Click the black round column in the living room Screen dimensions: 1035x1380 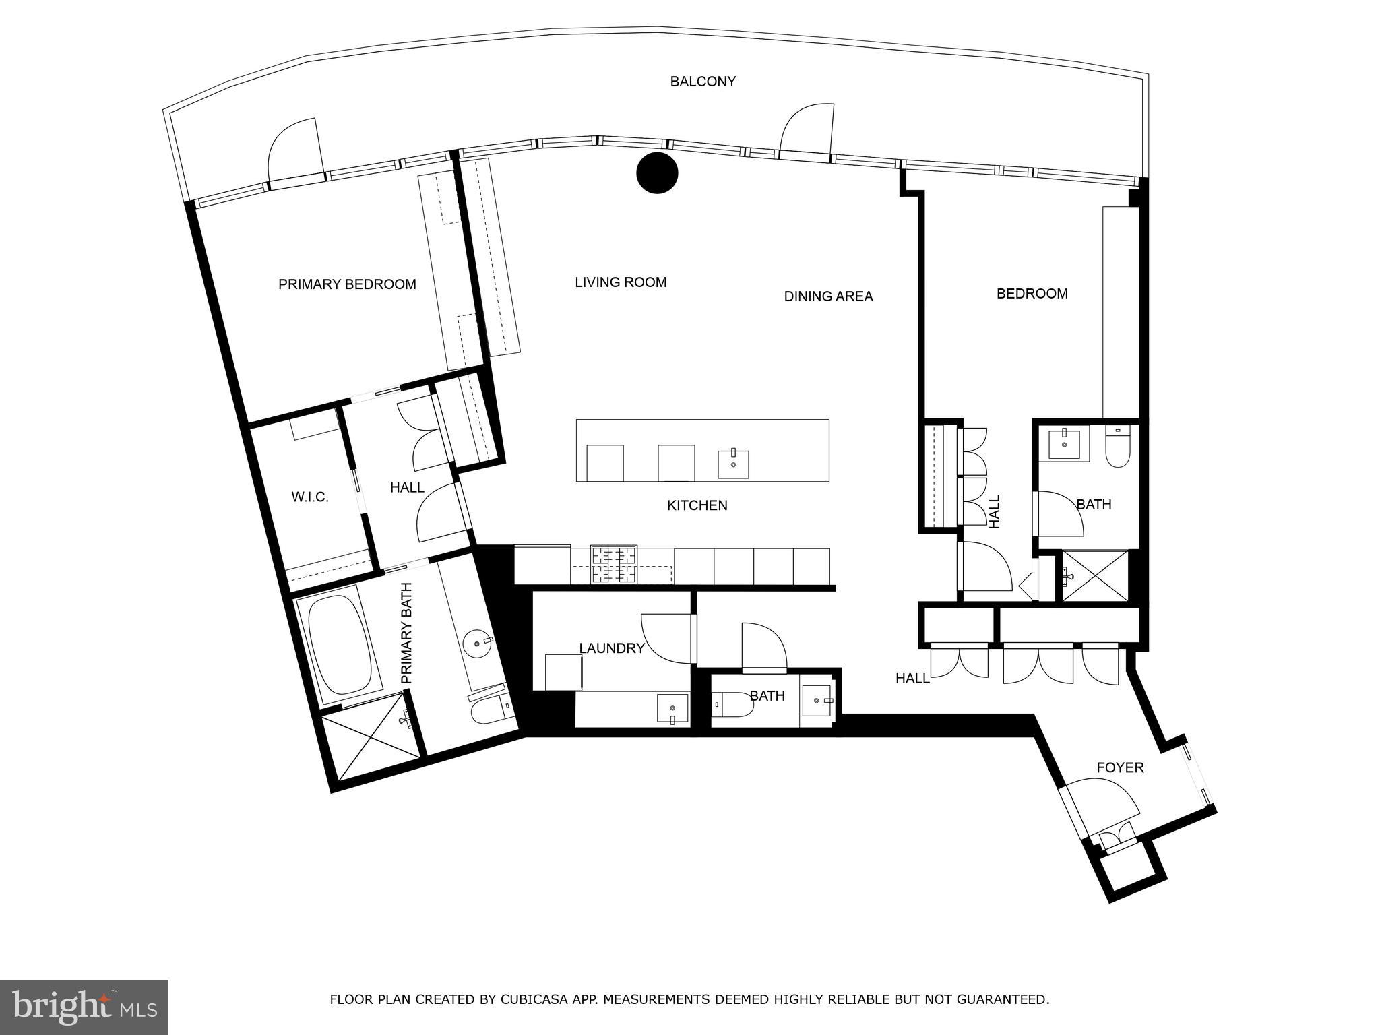coord(656,173)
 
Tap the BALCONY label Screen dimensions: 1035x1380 coord(703,82)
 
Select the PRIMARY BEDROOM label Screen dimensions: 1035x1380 coord(347,284)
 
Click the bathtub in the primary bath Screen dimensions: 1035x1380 coord(340,644)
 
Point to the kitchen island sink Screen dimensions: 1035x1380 coord(733,464)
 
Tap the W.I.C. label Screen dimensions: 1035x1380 coord(310,497)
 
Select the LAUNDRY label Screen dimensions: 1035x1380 coord(612,648)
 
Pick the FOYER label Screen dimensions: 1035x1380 coord(1120,767)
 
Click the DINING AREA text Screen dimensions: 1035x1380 coord(828,296)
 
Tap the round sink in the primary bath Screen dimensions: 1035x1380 coord(479,643)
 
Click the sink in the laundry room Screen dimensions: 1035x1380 coord(673,708)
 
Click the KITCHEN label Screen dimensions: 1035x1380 coord(697,505)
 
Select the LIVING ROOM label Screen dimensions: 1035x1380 coord(621,282)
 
